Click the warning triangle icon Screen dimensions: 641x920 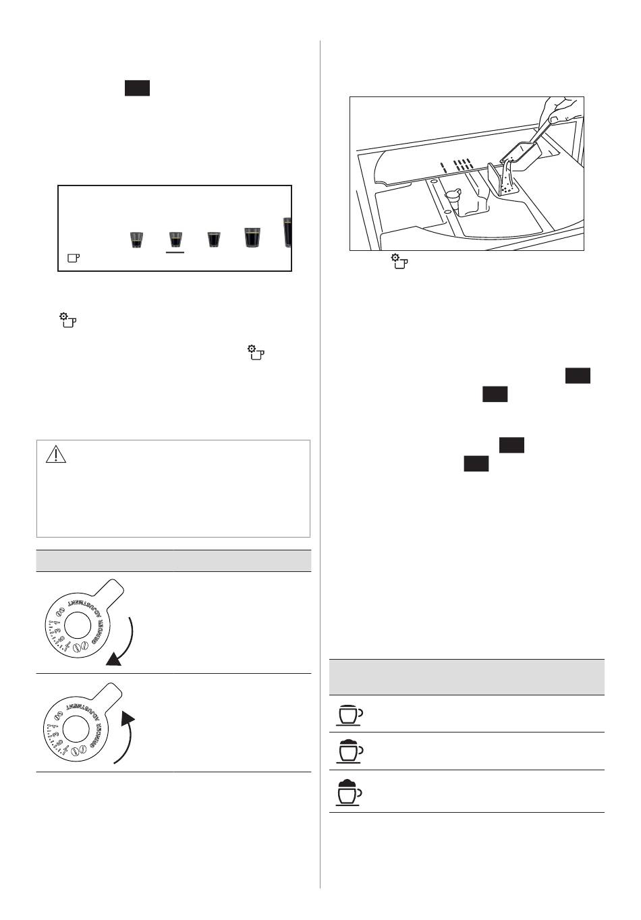(56, 455)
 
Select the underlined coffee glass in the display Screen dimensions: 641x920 (175, 239)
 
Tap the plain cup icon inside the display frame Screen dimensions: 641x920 (73, 258)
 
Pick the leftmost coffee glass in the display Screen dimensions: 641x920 (136, 239)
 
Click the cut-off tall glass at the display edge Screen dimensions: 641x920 (287, 233)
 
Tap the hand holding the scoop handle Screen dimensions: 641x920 (560, 108)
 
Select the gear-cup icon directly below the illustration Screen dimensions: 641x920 (400, 262)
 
